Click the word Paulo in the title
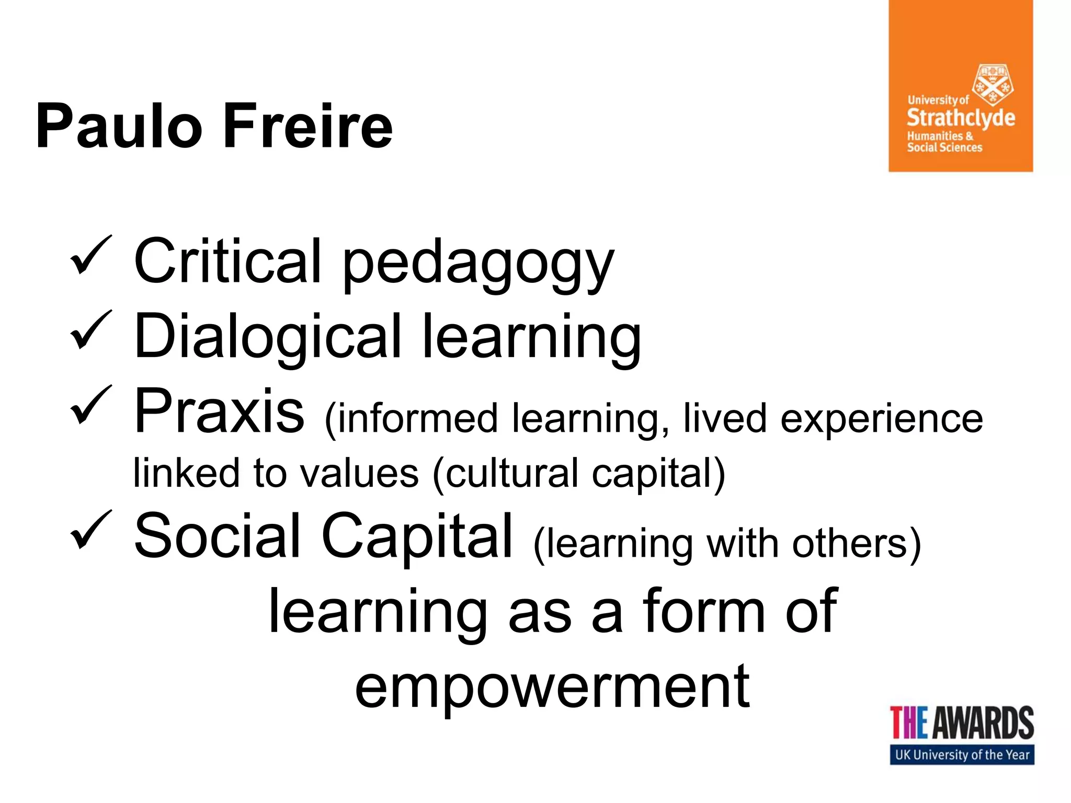[119, 127]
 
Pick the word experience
[882, 420]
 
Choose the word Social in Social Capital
[217, 536]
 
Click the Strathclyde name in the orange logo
[961, 118]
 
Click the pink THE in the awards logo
[909, 722]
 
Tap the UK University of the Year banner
[962, 755]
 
